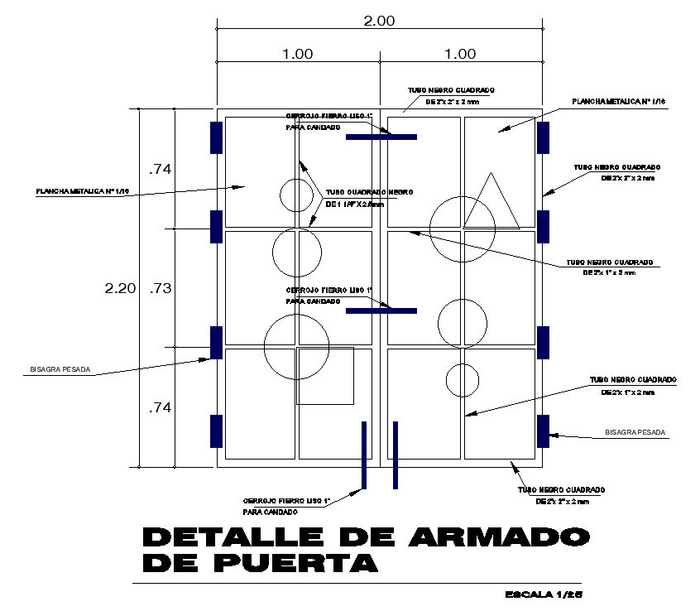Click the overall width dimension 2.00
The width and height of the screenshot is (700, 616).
(x=379, y=21)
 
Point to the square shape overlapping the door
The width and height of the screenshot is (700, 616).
(x=325, y=376)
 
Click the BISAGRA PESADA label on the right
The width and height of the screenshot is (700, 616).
(x=635, y=432)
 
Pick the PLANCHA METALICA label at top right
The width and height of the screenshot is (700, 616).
(x=618, y=101)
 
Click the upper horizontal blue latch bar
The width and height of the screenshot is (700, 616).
(x=381, y=137)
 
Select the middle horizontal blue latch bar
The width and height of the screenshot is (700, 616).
(x=381, y=310)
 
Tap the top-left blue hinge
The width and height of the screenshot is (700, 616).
(x=216, y=137)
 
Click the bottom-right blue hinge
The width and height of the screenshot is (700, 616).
(x=544, y=431)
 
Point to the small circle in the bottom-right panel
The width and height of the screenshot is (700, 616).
(x=463, y=380)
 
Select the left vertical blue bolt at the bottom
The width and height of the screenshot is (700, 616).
(x=364, y=455)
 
